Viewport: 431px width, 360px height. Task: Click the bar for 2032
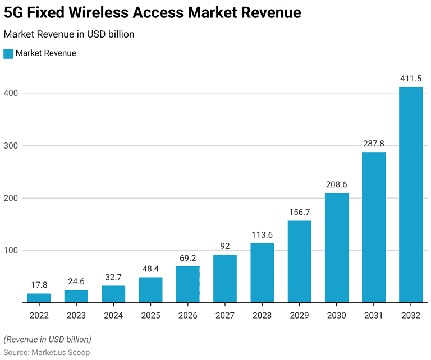tap(411, 195)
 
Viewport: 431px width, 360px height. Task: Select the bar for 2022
tap(39, 298)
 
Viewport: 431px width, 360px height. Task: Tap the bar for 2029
tap(299, 261)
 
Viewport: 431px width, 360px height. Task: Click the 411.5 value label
tap(411, 79)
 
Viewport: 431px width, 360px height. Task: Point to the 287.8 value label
tap(374, 144)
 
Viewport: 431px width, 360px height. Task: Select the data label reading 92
tap(224, 246)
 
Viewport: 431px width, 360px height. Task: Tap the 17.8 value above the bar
tap(39, 285)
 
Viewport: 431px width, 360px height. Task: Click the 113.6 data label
tap(262, 235)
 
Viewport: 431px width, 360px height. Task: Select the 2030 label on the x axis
tap(337, 316)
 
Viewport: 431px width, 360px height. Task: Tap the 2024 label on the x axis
tap(113, 316)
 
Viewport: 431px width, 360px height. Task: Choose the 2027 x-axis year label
tap(224, 316)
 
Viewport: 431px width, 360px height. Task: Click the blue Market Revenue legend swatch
tap(8, 53)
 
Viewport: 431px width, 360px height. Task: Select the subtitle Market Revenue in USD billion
tap(69, 34)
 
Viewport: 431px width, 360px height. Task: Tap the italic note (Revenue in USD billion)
tap(47, 339)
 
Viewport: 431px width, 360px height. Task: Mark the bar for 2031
tap(374, 227)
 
